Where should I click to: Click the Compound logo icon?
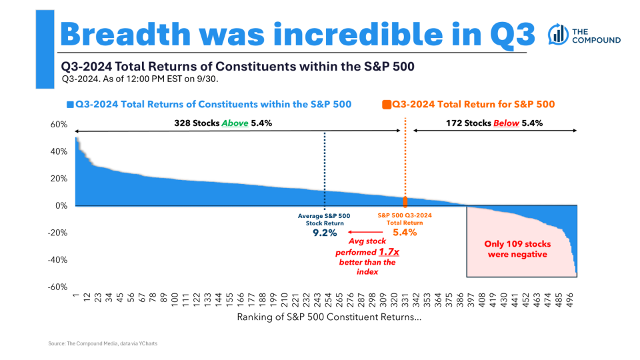click(558, 35)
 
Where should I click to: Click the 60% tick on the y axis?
click(59, 125)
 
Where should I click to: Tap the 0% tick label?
click(61, 206)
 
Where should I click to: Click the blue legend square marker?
click(70, 105)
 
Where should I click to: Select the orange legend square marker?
click(387, 105)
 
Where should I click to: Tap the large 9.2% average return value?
click(324, 233)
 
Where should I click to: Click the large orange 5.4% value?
click(405, 233)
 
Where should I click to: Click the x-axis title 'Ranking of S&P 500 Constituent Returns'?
click(329, 317)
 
